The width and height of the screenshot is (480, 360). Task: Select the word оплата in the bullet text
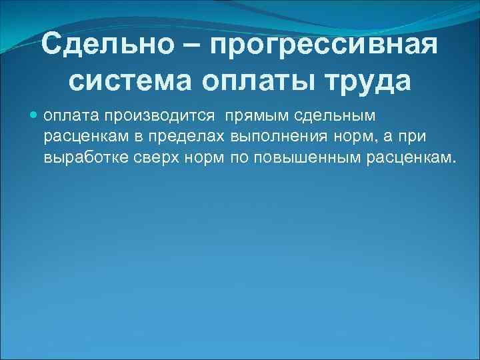(71, 116)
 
